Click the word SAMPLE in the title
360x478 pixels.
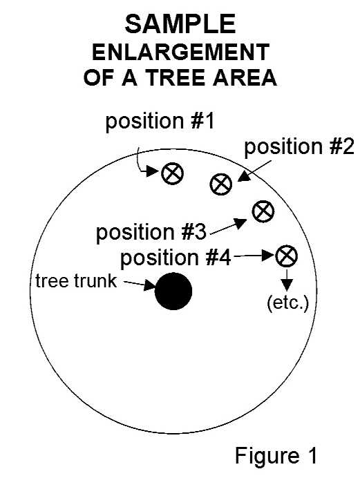click(180, 24)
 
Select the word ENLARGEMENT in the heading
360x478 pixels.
click(180, 52)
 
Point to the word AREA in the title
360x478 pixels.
click(245, 77)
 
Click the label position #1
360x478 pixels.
click(160, 122)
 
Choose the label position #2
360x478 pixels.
click(299, 147)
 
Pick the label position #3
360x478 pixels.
click(151, 233)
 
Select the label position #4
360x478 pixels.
click(176, 258)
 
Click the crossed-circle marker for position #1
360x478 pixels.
click(172, 173)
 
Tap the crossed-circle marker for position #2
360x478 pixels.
click(221, 184)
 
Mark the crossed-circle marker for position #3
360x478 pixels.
click(263, 211)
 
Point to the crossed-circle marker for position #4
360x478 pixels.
click(287, 256)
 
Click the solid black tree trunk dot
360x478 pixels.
click(173, 291)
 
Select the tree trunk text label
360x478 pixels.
click(76, 280)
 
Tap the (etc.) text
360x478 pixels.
click(287, 304)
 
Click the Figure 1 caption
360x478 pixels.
click(276, 455)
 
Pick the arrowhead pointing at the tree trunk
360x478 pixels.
click(150, 285)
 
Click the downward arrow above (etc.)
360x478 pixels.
click(287, 279)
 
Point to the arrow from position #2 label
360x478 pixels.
click(254, 171)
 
